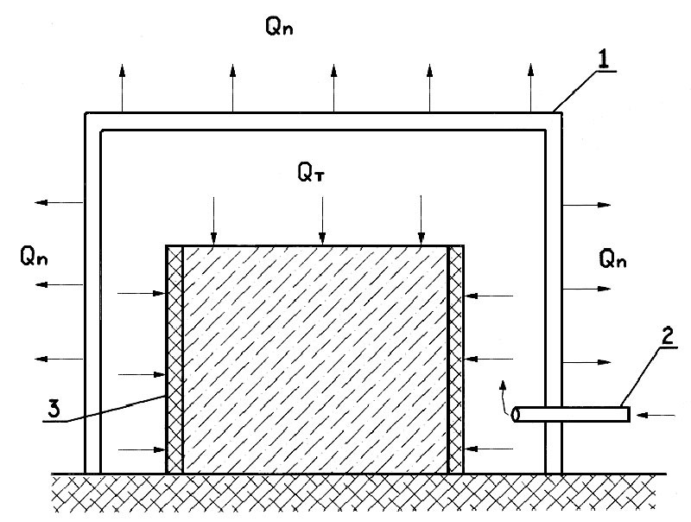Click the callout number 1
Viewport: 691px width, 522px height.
point(603,60)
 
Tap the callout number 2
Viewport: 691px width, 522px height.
point(668,336)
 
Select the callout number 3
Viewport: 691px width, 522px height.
point(54,409)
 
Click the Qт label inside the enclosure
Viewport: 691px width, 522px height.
point(311,172)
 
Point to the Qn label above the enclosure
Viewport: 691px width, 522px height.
point(279,26)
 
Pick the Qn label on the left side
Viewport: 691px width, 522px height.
point(34,256)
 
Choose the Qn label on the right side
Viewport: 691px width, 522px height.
point(612,258)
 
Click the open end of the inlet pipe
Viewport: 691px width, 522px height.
point(514,415)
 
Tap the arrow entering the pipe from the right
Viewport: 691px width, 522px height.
point(656,415)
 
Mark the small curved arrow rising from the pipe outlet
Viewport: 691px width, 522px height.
point(503,397)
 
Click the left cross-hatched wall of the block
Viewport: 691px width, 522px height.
point(175,360)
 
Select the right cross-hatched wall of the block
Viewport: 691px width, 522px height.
point(456,360)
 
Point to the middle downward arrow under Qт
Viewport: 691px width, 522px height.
point(322,220)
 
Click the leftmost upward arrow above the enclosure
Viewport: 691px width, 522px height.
point(122,88)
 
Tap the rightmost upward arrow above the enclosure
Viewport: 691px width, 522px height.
point(530,87)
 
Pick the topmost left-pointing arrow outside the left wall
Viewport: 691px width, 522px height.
point(59,202)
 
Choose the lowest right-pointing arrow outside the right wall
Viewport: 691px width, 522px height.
point(587,362)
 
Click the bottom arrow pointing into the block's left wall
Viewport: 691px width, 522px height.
point(142,449)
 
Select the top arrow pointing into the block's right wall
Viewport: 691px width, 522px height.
point(489,296)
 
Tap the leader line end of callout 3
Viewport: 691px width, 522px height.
point(166,396)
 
